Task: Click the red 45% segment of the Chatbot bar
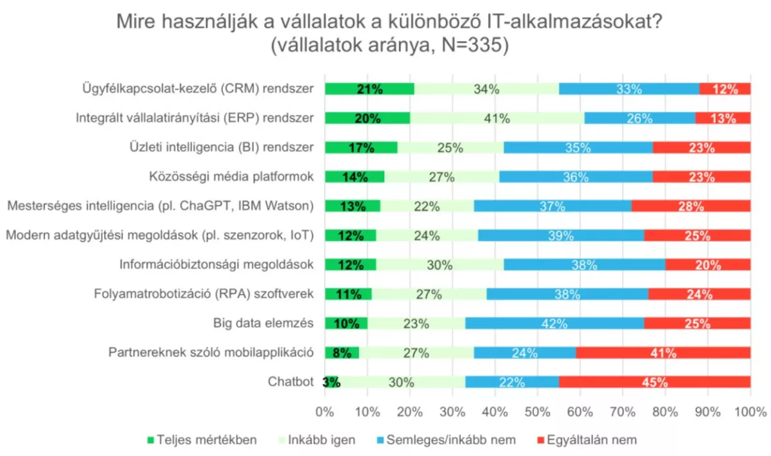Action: [655, 382]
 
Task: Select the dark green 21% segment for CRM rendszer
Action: [369, 89]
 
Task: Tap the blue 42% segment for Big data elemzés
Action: [554, 323]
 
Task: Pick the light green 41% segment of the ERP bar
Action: [497, 118]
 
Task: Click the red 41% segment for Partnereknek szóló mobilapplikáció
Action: [663, 353]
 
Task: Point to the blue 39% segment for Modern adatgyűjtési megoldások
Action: [561, 236]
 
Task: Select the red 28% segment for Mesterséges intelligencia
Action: [691, 206]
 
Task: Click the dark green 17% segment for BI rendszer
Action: [360, 147]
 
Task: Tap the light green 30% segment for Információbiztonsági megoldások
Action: [440, 265]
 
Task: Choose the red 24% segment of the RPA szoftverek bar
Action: [700, 294]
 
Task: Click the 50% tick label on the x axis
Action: [538, 412]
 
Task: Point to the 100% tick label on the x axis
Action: [750, 412]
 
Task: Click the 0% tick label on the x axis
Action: [324, 412]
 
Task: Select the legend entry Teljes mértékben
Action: [202, 440]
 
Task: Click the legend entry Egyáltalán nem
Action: [587, 440]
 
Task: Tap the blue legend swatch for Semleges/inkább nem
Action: [380, 440]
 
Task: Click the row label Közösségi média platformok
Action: [231, 176]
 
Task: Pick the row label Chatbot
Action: [290, 381]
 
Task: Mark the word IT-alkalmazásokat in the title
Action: [574, 21]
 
